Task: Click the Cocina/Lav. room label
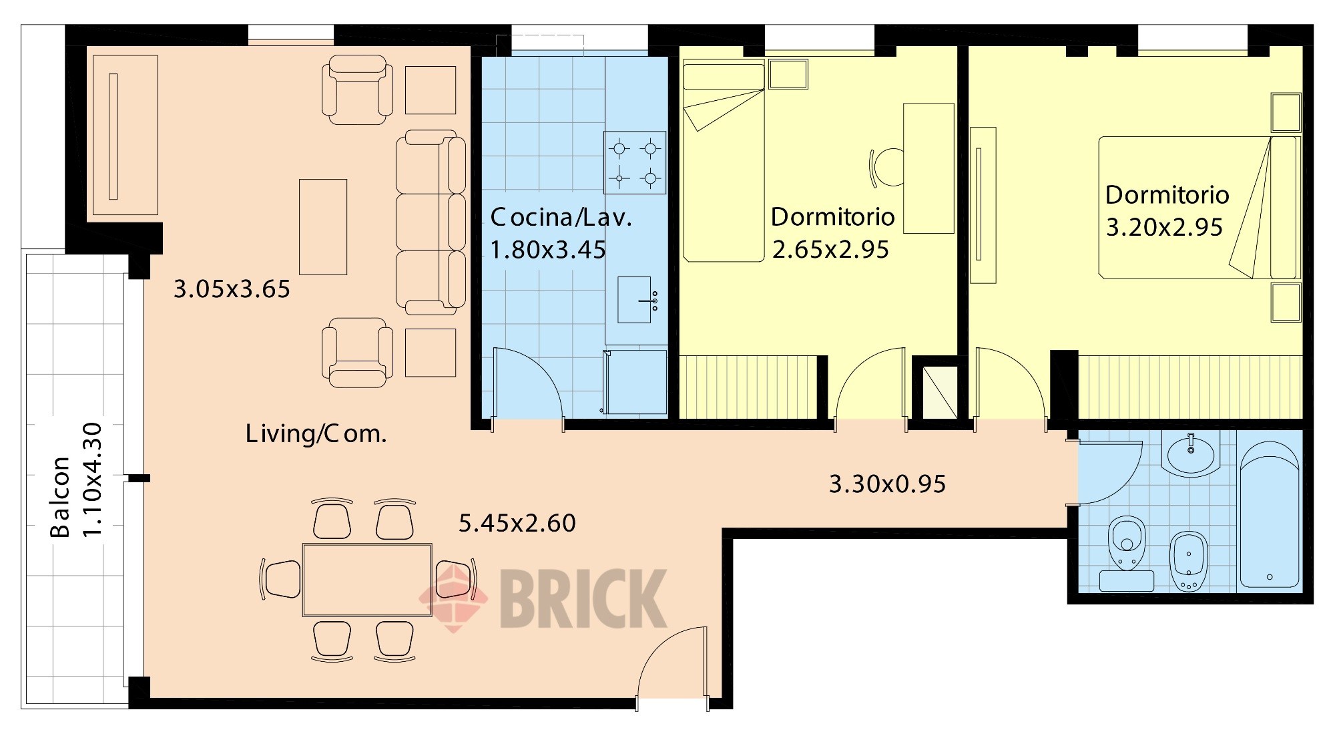[x=561, y=218]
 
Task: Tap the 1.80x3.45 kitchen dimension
[x=548, y=250]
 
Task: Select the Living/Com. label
[x=316, y=434]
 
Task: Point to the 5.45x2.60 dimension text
[x=517, y=523]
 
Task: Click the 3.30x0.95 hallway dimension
[x=887, y=484]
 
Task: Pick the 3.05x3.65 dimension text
[x=232, y=289]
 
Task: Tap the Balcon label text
[x=60, y=497]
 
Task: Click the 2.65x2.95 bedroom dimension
[x=830, y=250]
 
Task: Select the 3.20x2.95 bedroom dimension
[x=1164, y=228]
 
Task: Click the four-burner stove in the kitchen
[x=635, y=162]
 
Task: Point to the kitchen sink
[x=635, y=300]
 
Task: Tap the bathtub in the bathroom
[x=1270, y=514]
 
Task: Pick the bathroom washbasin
[x=1191, y=454]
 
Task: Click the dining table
[x=367, y=579]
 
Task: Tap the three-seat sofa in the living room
[x=431, y=222]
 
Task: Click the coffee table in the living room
[x=323, y=227]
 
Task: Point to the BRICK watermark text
[x=583, y=598]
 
